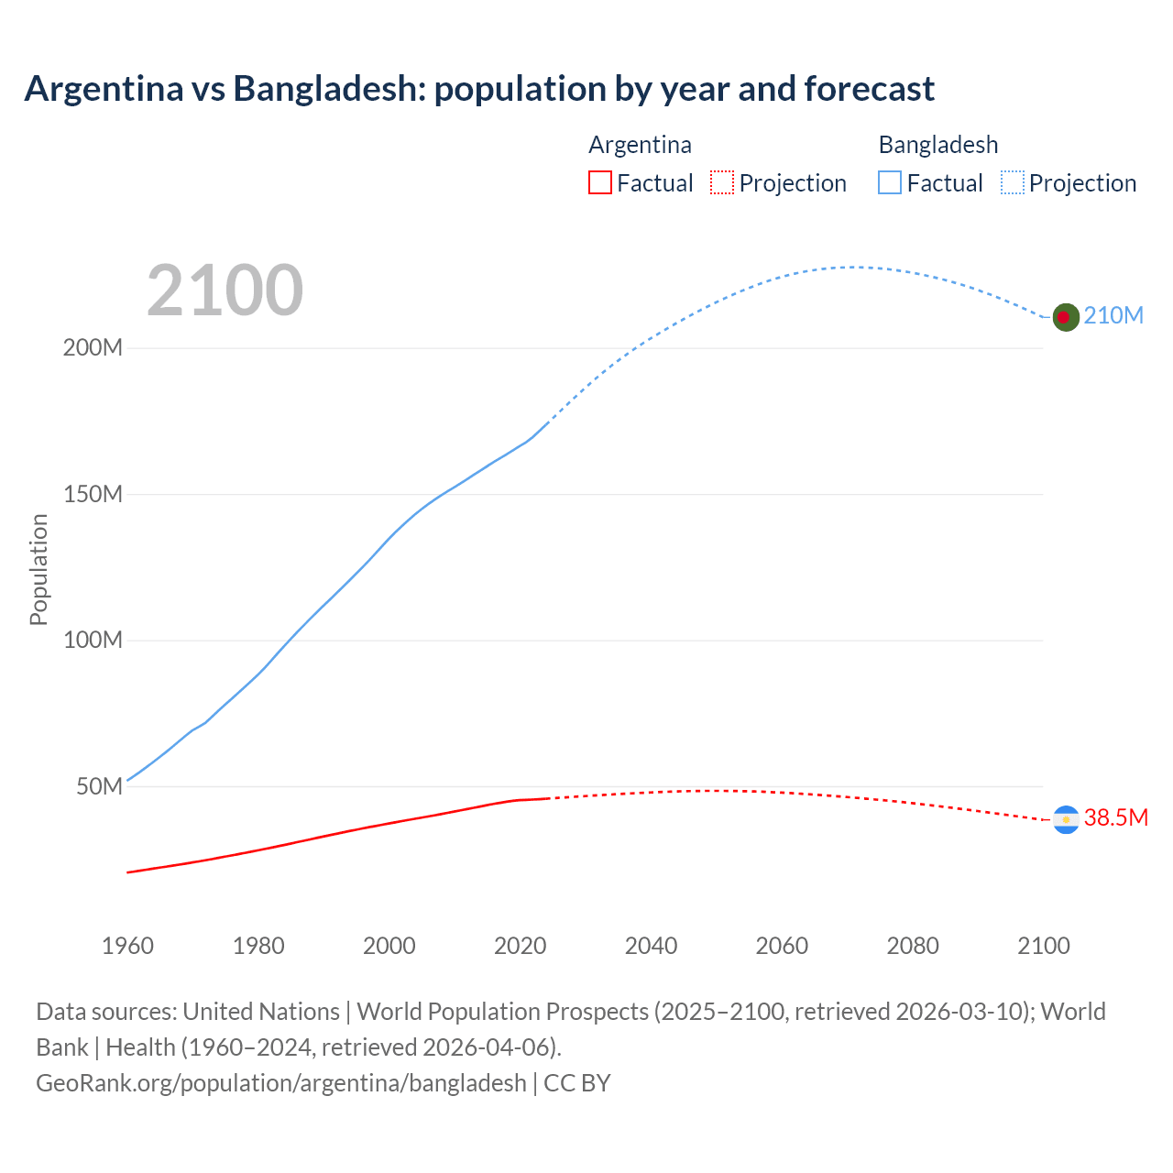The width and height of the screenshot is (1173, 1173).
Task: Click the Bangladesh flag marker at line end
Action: click(1065, 317)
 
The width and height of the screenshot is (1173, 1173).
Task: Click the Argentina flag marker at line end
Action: click(1066, 819)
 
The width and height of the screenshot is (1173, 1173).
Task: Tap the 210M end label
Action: click(1113, 316)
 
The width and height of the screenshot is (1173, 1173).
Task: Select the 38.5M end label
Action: click(1115, 818)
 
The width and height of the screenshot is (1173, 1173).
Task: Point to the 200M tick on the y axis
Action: click(93, 348)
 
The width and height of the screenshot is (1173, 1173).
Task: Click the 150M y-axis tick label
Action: click(93, 495)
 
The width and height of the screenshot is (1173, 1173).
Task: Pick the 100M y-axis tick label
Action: click(93, 641)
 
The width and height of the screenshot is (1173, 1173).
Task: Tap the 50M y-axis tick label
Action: click(99, 787)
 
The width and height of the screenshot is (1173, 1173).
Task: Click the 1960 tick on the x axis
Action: click(127, 946)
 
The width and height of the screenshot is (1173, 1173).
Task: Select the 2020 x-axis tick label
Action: click(521, 946)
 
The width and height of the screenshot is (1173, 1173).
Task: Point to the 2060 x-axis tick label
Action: click(782, 946)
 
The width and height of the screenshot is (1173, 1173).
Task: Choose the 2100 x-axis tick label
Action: click(1044, 946)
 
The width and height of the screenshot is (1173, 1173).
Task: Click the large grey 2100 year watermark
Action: click(225, 291)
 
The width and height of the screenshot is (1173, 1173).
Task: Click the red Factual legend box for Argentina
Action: click(600, 183)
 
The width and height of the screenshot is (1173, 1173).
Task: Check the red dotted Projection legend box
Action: click(722, 183)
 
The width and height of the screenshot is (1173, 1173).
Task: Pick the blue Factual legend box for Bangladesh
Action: click(890, 183)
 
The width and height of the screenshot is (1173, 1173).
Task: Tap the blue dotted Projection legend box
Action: click(1013, 183)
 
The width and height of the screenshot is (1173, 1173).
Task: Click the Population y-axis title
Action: click(38, 569)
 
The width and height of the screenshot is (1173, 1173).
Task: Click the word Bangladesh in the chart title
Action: click(329, 89)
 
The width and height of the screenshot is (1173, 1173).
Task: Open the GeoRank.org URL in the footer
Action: click(281, 1083)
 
